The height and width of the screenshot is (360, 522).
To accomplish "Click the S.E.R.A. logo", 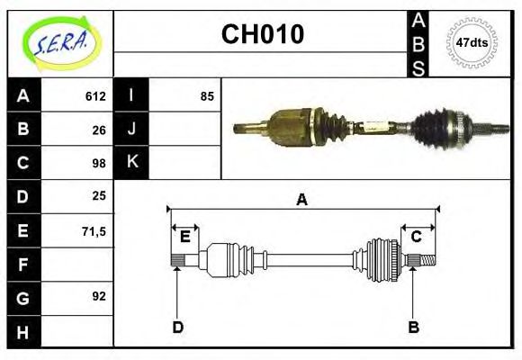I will pyautogui.click(x=58, y=42).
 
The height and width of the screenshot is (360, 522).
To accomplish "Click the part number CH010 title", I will pyautogui.click(x=262, y=34).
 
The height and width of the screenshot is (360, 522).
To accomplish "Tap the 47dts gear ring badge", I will pyautogui.click(x=472, y=42).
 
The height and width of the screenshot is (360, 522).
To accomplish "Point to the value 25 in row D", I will pyautogui.click(x=100, y=195).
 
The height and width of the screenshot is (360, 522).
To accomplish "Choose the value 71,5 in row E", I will pyautogui.click(x=94, y=230).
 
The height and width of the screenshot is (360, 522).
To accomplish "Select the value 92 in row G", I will pyautogui.click(x=100, y=295).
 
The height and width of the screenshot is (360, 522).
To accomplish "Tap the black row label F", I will pyautogui.click(x=23, y=265).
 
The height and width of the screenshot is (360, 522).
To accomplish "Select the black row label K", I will pyautogui.click(x=131, y=163).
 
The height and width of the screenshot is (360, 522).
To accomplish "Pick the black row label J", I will pyautogui.click(x=131, y=130).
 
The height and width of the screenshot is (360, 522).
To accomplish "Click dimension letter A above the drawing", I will pyautogui.click(x=301, y=200).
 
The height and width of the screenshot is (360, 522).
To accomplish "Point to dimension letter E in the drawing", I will pyautogui.click(x=184, y=237).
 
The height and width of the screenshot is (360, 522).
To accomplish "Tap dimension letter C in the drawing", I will pyautogui.click(x=416, y=237).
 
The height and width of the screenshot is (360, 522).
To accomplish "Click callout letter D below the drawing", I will pyautogui.click(x=177, y=326).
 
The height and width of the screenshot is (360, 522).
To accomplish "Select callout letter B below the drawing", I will pyautogui.click(x=413, y=326).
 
